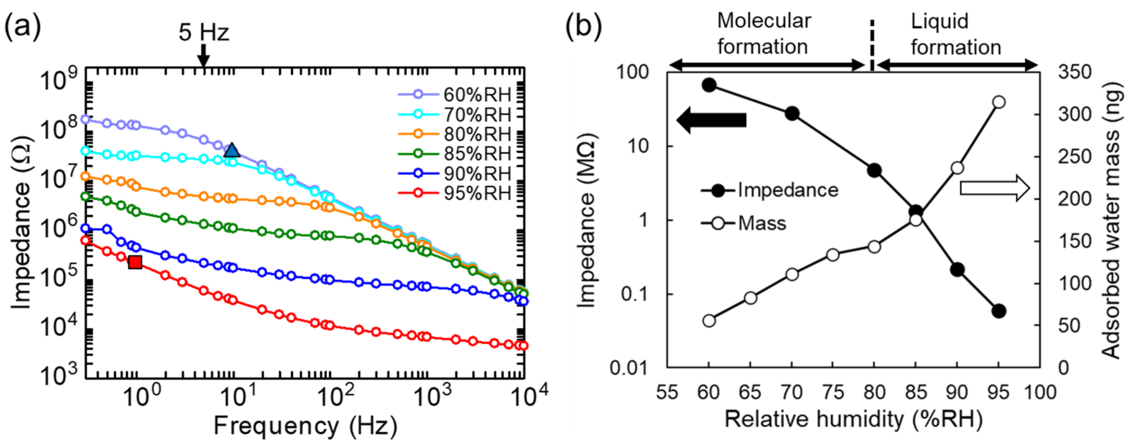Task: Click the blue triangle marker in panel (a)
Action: tap(232, 151)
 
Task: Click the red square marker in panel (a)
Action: tap(135, 262)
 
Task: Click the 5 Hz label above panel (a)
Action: tap(204, 32)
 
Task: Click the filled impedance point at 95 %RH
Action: tap(999, 311)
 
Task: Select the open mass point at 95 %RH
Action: tap(999, 102)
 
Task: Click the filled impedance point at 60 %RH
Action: tap(709, 85)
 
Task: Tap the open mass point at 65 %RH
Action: tap(751, 298)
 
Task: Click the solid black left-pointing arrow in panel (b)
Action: tap(711, 120)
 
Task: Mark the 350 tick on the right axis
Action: tap(1074, 72)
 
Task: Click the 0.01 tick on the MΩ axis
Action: tap(629, 367)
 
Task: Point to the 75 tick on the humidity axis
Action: tap(833, 392)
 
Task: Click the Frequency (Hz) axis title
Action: tap(305, 426)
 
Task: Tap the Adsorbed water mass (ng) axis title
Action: tap(1111, 220)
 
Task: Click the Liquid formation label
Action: tap(956, 34)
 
